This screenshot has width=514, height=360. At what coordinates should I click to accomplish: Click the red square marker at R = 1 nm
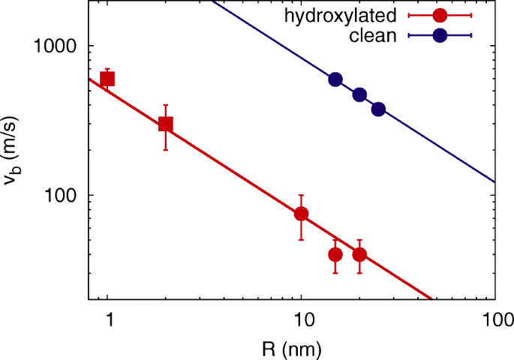tap(107, 79)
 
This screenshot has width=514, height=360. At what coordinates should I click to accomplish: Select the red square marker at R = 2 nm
tap(166, 124)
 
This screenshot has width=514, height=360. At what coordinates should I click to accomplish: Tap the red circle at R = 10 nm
tap(301, 214)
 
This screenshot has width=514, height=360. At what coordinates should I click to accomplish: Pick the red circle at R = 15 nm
tap(335, 254)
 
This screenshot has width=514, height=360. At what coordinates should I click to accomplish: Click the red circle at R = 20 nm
tap(359, 254)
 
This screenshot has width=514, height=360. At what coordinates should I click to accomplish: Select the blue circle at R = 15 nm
tap(335, 79)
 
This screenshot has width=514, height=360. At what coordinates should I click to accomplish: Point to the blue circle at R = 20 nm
tap(359, 94)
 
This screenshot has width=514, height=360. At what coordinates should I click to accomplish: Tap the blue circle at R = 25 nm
tap(378, 109)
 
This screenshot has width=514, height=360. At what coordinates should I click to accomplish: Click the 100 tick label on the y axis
tap(65, 195)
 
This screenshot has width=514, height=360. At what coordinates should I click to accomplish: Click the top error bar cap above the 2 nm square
tap(166, 105)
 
